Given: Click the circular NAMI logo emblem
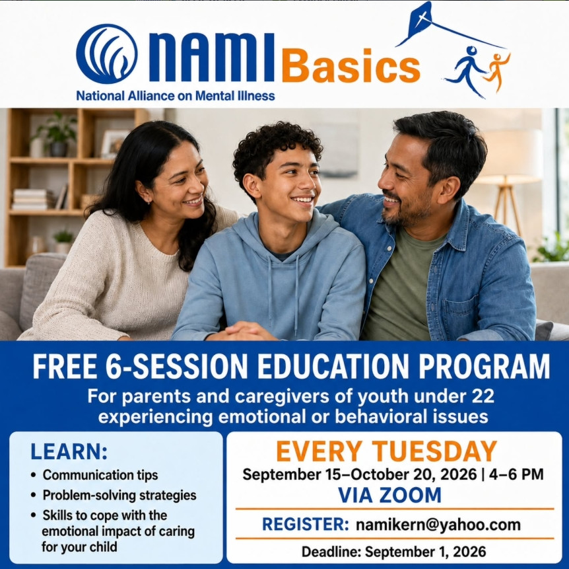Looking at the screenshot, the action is click(107, 54).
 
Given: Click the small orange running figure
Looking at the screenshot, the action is click(497, 71).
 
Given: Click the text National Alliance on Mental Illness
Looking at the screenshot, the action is click(176, 96).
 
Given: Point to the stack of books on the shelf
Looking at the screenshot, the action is click(32, 199).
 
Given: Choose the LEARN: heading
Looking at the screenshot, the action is click(69, 451).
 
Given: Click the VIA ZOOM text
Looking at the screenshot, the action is click(389, 495).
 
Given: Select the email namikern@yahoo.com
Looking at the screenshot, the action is click(438, 524).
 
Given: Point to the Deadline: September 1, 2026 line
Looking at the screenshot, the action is click(393, 552).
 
